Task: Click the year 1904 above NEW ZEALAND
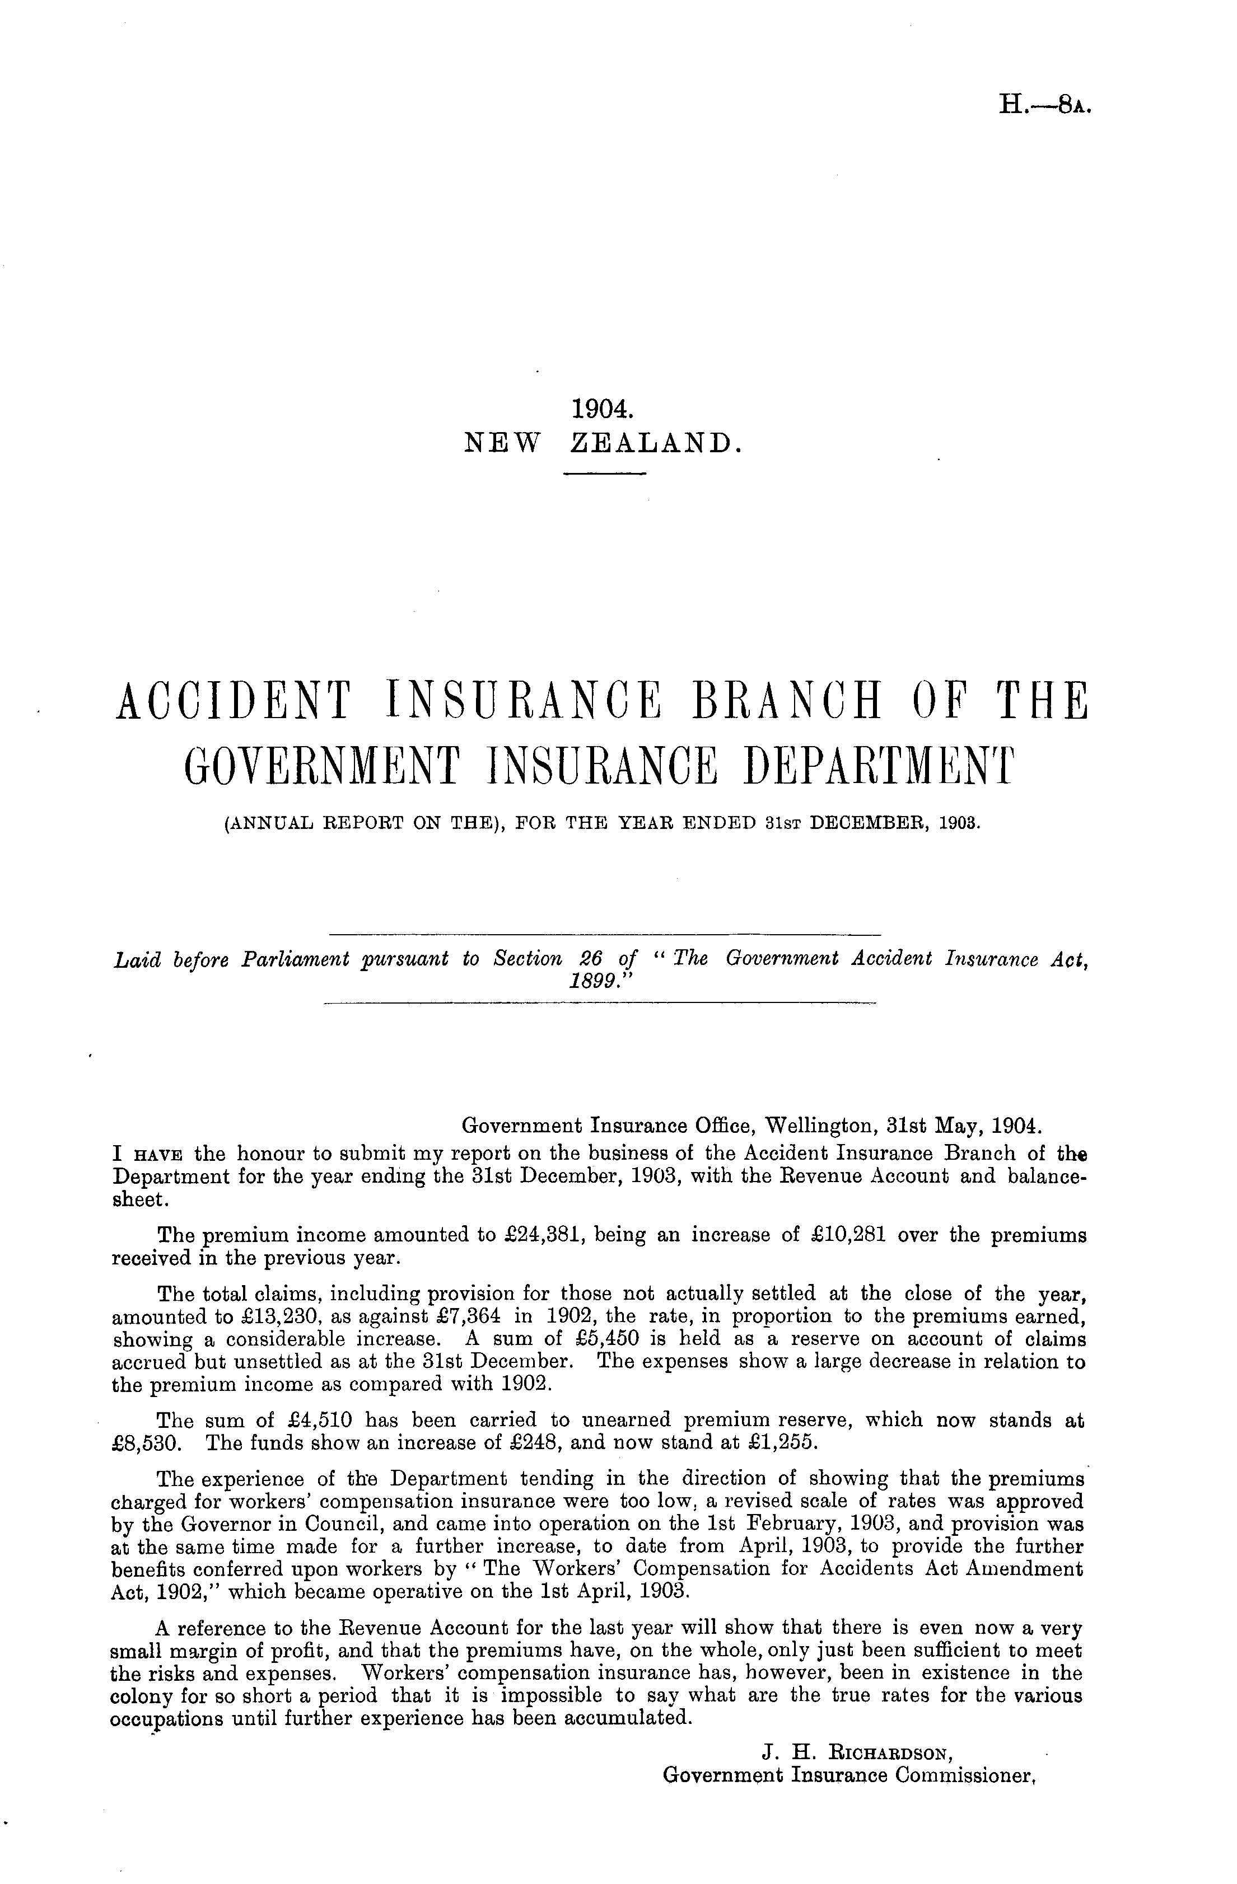click(604, 409)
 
